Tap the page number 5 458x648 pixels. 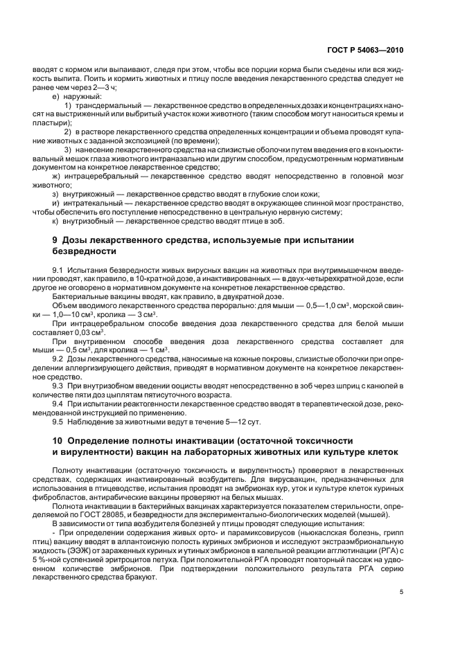[x=402, y=592]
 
